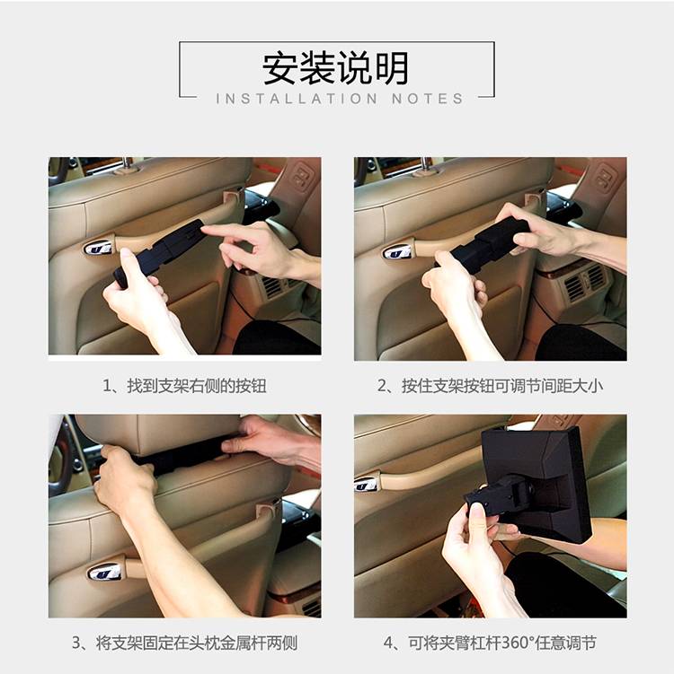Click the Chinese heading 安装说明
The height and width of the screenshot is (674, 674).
coord(336,68)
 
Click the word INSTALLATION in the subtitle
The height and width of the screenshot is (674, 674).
coord(297,99)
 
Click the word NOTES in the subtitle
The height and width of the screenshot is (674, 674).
coord(428,99)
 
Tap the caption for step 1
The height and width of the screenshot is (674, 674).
coord(184,386)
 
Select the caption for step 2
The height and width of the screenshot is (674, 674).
coord(490,386)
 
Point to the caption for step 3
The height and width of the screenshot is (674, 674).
coord(184,643)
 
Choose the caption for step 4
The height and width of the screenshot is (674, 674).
coord(490,643)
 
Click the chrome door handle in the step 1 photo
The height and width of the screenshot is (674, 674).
coord(98,248)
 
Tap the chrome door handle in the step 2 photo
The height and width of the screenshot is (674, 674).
coord(397,251)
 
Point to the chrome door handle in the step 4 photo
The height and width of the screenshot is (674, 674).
coord(367,484)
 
